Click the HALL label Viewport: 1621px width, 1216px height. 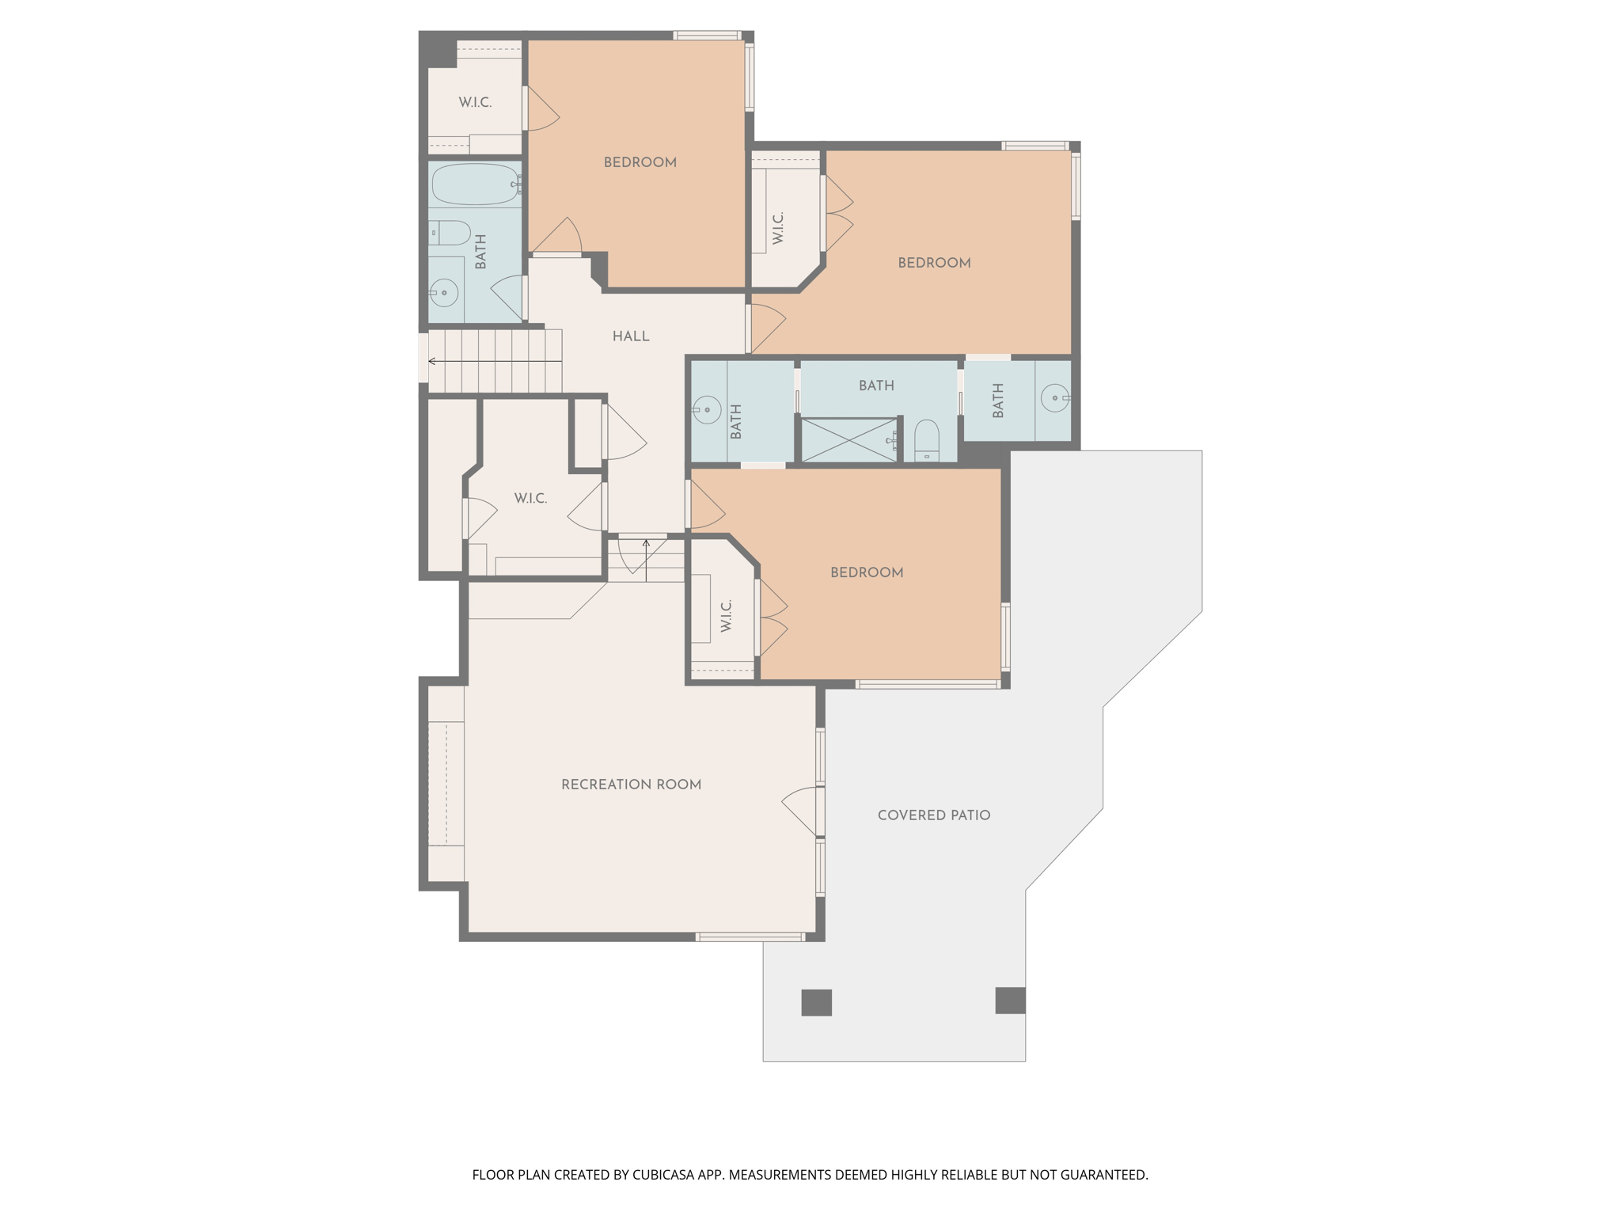[631, 336]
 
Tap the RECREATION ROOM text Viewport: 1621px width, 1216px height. [631, 785]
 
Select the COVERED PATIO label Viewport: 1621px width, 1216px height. [934, 815]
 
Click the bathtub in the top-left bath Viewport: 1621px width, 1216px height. [475, 184]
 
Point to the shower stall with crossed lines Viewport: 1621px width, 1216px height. [849, 440]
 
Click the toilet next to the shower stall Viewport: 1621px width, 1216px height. [927, 441]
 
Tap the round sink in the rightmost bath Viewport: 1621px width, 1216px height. [1055, 397]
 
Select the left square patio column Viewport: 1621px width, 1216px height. [816, 1002]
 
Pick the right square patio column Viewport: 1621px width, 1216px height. [1010, 1000]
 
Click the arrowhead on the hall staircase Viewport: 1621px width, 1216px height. [432, 361]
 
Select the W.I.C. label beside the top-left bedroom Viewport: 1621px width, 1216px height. [475, 103]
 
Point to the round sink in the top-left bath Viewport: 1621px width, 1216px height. [444, 293]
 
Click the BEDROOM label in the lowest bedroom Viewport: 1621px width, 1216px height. [867, 572]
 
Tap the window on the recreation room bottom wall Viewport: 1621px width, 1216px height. [750, 937]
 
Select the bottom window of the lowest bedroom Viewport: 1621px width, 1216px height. [928, 684]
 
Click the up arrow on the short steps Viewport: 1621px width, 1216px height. [646, 544]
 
